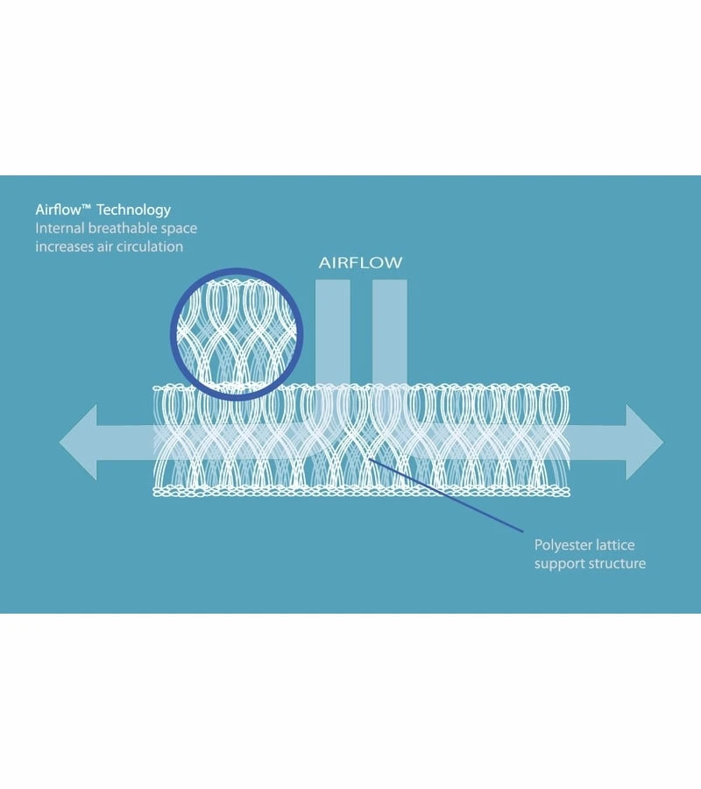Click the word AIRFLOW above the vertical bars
(x=360, y=263)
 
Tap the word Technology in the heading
(x=134, y=210)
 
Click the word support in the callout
(x=558, y=564)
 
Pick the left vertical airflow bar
(x=332, y=329)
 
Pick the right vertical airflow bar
(x=389, y=329)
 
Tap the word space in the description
(x=178, y=230)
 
